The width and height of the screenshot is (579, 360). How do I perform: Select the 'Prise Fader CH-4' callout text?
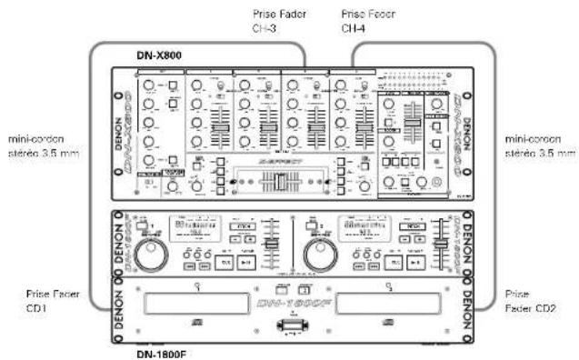365,21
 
